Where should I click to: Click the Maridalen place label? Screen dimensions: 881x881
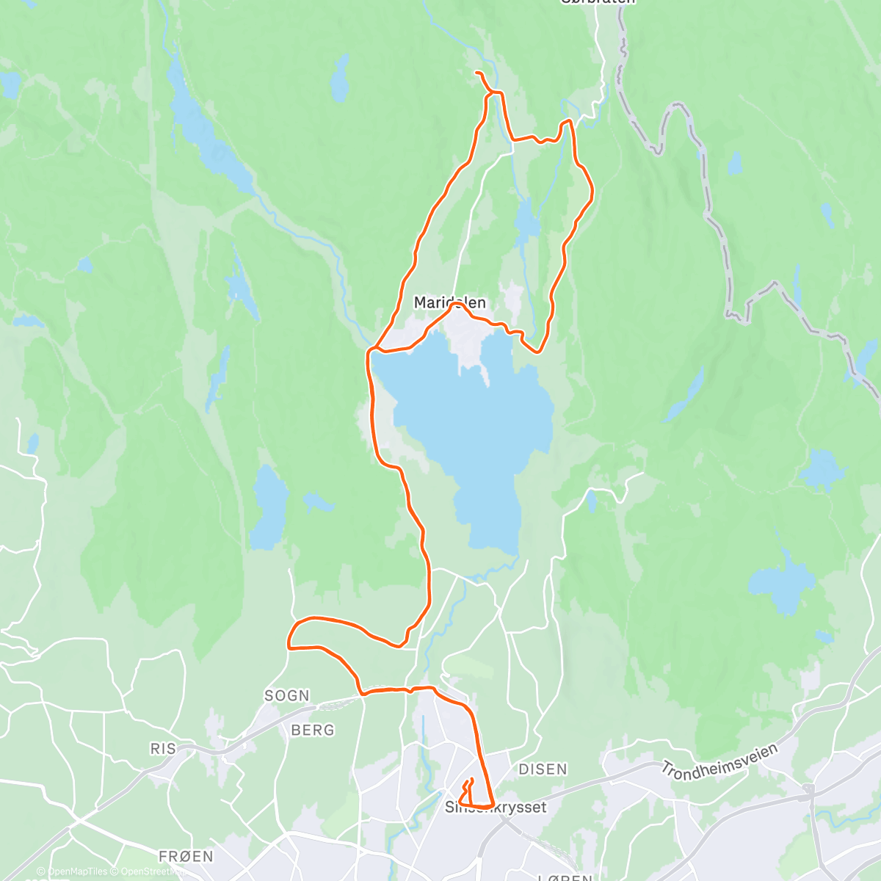pyautogui.click(x=449, y=302)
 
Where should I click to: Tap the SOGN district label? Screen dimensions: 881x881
pyautogui.click(x=287, y=695)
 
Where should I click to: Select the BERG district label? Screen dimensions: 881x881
pyautogui.click(x=313, y=730)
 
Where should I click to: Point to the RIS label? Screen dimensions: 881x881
pyautogui.click(x=163, y=748)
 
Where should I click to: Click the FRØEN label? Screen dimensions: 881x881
pyautogui.click(x=186, y=856)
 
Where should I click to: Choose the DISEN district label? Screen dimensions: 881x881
pyautogui.click(x=543, y=769)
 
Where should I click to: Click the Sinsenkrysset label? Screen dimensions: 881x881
pyautogui.click(x=496, y=807)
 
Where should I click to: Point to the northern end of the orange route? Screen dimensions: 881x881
pyautogui.click(x=477, y=73)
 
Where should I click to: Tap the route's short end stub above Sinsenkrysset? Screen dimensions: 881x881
pyautogui.click(x=471, y=780)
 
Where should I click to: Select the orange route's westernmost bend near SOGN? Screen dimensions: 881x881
pyautogui.click(x=289, y=643)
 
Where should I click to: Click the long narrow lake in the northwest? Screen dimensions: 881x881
pyautogui.click(x=209, y=139)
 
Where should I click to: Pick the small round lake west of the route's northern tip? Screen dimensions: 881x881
pyautogui.click(x=339, y=78)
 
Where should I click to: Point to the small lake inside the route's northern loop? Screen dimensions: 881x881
pyautogui.click(x=526, y=220)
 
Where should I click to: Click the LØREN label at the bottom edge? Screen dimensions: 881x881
pyautogui.click(x=565, y=876)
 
